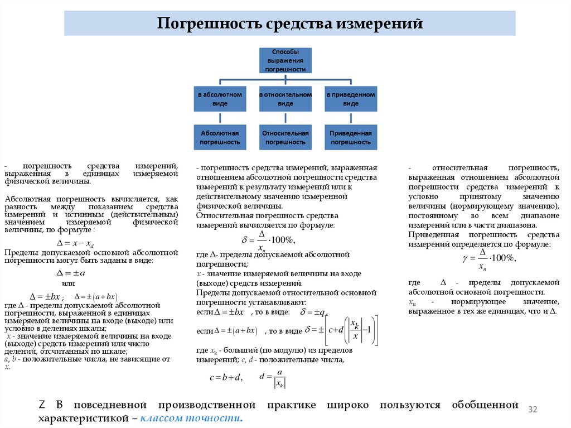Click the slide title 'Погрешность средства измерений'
click(289, 24)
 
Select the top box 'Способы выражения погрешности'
click(285, 60)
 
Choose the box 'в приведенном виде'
click(351, 99)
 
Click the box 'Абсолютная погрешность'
click(220, 137)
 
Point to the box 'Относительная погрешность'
click(285, 137)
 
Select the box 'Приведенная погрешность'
click(351, 137)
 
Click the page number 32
click(532, 410)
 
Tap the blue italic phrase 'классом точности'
click(192, 418)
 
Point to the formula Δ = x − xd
click(76, 243)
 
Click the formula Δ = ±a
click(71, 273)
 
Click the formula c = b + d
click(226, 377)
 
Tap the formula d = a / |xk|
click(273, 377)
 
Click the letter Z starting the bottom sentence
click(41, 405)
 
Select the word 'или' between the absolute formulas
click(68, 284)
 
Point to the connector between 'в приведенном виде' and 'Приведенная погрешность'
click(351, 118)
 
